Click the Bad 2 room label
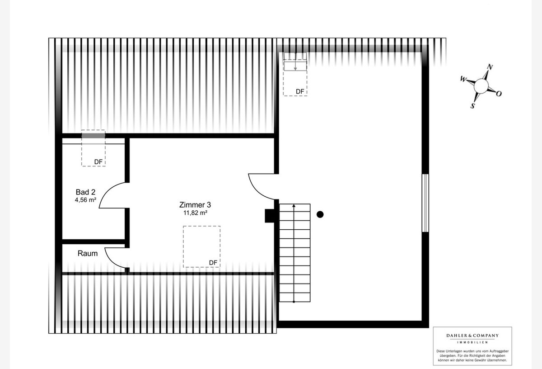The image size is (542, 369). [x=85, y=192]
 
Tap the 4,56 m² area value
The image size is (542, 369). [x=85, y=200]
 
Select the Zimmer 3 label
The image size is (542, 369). [x=195, y=205]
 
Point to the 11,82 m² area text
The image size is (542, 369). [x=195, y=213]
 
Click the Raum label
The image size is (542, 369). [x=88, y=253]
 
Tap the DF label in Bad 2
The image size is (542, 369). [x=98, y=162]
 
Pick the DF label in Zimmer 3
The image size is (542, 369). [x=213, y=263]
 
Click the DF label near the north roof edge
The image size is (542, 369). [x=300, y=92]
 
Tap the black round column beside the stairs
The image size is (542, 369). [x=320, y=214]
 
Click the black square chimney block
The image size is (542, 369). [x=270, y=216]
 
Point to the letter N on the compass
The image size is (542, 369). [x=490, y=67]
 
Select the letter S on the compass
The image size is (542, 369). [x=472, y=106]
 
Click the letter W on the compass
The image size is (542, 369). [x=463, y=79]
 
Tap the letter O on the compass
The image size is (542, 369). [x=499, y=94]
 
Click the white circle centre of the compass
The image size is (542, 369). [x=481, y=86]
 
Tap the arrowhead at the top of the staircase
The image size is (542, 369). [x=294, y=206]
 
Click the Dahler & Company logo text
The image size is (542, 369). [x=472, y=336]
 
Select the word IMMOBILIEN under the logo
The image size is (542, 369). [x=472, y=342]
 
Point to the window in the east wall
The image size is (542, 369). [x=425, y=203]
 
